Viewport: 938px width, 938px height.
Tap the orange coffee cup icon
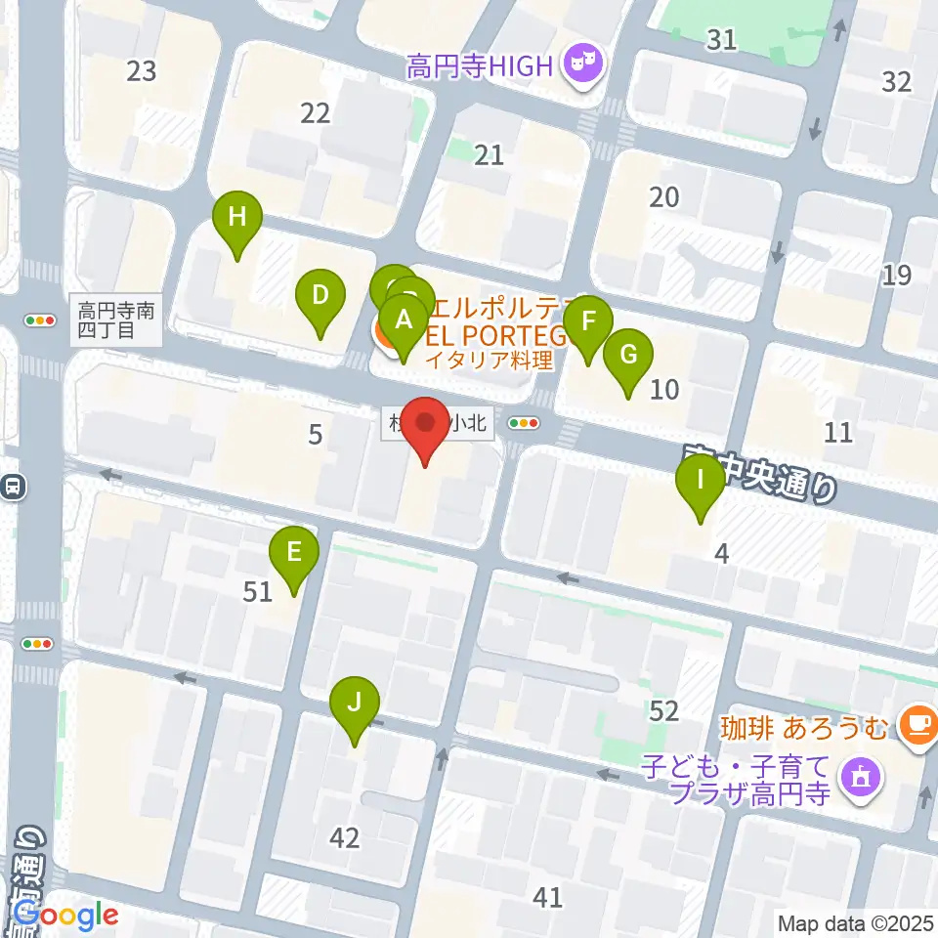click(917, 724)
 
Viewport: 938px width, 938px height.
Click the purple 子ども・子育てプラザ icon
click(861, 779)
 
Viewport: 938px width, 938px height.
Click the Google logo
click(65, 916)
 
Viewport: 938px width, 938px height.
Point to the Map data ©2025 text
click(855, 922)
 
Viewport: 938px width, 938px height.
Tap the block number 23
click(142, 70)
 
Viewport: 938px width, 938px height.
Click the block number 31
click(721, 39)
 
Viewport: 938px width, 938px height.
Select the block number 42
click(345, 837)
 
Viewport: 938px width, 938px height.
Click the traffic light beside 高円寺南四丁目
click(40, 320)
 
